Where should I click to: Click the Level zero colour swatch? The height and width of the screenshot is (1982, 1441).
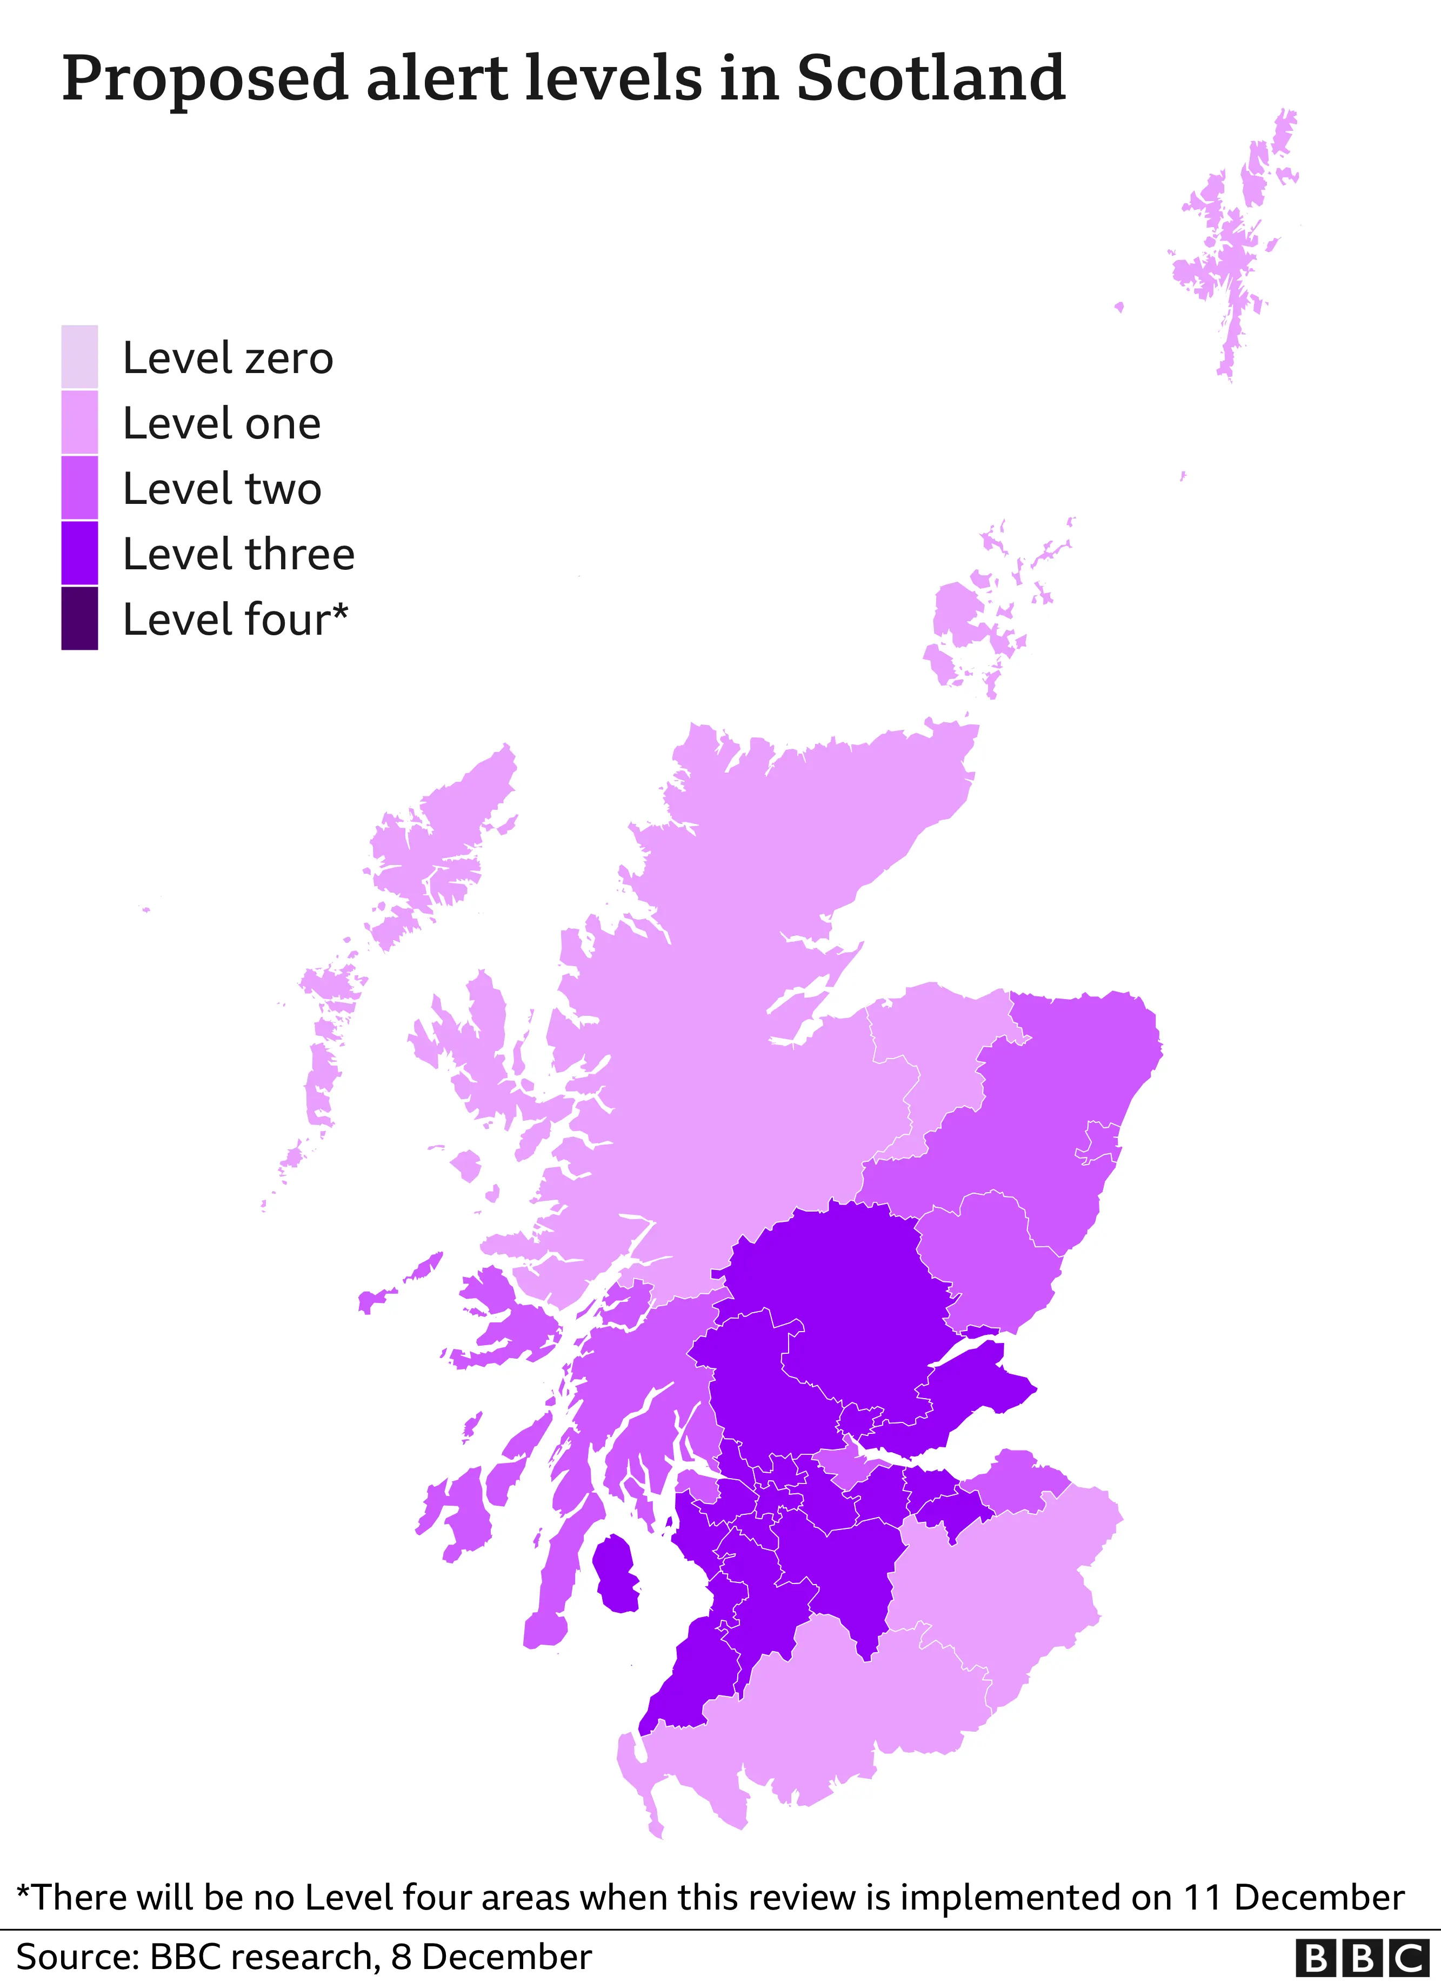tap(79, 356)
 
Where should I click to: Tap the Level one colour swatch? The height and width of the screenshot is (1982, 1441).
tap(79, 422)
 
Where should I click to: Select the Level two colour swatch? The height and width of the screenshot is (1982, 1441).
tap(79, 488)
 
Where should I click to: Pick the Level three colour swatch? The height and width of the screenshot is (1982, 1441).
tap(79, 553)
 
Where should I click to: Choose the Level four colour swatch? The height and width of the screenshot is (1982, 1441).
tap(79, 618)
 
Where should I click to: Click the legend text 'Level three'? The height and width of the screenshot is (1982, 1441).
tap(238, 554)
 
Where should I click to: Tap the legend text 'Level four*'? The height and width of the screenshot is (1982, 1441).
tap(235, 620)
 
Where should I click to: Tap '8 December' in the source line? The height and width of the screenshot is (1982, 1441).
tap(491, 1958)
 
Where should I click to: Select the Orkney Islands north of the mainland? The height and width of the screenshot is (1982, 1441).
tap(961, 611)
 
